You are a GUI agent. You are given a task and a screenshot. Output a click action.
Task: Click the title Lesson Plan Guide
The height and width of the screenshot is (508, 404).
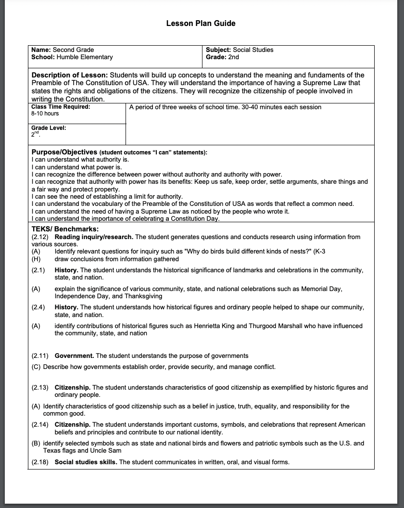[201, 23]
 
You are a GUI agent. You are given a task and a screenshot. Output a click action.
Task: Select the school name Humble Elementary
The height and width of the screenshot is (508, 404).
[85, 57]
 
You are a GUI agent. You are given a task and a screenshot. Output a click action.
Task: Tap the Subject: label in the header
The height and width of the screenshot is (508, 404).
[218, 50]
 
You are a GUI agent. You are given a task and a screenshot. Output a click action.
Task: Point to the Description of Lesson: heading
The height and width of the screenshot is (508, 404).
[70, 75]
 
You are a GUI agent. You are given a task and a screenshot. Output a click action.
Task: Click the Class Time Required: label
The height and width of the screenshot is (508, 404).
[61, 107]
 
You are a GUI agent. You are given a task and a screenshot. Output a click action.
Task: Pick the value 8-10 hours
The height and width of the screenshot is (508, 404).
[45, 114]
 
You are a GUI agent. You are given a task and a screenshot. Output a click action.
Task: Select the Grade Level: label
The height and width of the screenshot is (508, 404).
[49, 128]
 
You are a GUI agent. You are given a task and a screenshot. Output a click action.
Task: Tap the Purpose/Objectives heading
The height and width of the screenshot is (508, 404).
[64, 152]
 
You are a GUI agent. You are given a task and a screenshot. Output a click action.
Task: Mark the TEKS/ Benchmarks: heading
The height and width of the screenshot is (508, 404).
[65, 229]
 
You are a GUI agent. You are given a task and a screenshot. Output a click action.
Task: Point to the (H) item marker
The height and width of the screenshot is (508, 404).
[36, 259]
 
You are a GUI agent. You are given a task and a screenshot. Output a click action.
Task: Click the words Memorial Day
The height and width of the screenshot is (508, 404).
[322, 289]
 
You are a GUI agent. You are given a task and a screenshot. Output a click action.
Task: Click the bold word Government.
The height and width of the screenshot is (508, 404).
[74, 356]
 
